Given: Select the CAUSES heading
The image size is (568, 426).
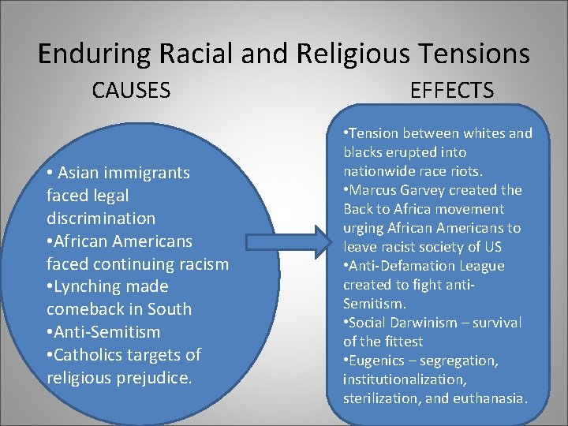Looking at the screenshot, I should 131,91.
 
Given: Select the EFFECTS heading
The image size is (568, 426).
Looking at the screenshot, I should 452,91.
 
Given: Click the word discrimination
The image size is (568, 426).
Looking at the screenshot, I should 101,218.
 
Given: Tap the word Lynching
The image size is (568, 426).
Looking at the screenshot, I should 86,286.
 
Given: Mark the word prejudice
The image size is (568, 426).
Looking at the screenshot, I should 155,378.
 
